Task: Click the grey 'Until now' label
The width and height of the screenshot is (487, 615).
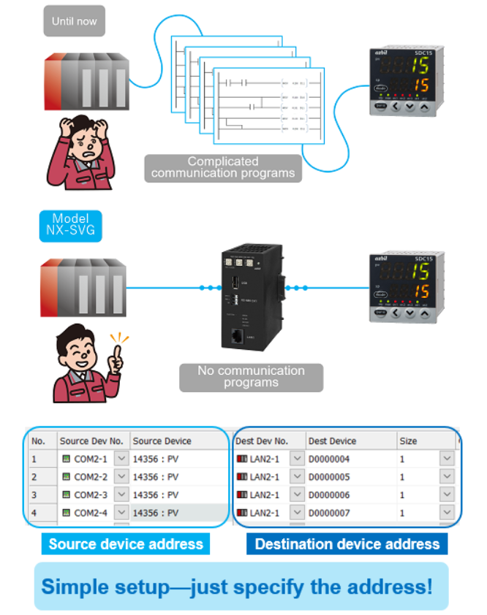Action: (x=74, y=21)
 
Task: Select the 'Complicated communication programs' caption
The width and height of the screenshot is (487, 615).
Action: (x=223, y=167)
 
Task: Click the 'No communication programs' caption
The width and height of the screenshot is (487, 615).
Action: (x=251, y=377)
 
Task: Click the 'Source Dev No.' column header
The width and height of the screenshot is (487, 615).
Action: (x=91, y=441)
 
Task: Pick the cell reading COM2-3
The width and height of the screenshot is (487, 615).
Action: (x=91, y=495)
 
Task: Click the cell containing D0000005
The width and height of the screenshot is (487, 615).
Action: (x=329, y=477)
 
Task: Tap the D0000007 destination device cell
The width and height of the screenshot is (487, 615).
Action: (x=329, y=513)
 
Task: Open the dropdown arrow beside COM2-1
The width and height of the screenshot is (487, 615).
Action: (x=121, y=459)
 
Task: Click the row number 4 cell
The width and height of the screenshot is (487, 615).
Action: (x=34, y=513)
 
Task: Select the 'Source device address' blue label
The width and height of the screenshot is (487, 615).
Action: (x=126, y=543)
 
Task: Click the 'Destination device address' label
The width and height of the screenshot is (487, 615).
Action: (x=347, y=543)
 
